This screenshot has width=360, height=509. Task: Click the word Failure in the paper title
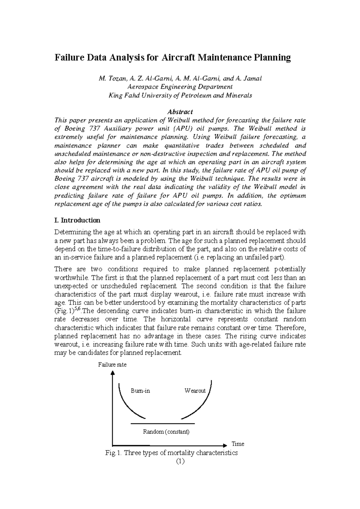pos(68,57)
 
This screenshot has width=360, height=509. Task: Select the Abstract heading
pos(180,112)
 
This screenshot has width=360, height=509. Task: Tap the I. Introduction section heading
pos(77,220)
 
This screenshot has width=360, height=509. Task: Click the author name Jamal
pos(253,79)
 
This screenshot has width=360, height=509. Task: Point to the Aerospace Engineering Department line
pos(180,87)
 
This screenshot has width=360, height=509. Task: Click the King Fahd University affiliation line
pos(180,96)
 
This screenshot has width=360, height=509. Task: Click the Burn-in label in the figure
pos(140,391)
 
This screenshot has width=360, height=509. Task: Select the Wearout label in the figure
pos(195,391)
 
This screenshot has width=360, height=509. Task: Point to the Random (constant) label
pos(166,432)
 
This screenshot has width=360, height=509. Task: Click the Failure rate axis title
pos(112,365)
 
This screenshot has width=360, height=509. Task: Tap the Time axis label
pos(238,444)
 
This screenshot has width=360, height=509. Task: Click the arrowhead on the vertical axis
pos(112,373)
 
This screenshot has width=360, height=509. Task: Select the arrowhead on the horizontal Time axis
pos(225,445)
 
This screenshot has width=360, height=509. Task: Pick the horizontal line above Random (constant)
pos(163,424)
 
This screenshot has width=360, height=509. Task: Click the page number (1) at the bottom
pos(180,461)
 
